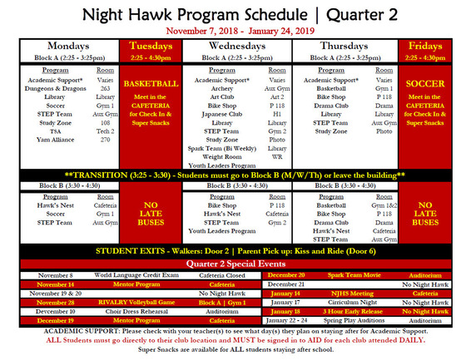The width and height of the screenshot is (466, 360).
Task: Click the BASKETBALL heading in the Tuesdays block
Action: pos(151,84)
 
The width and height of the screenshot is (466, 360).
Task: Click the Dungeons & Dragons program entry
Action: pos(54,87)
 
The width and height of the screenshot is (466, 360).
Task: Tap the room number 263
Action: pos(105,87)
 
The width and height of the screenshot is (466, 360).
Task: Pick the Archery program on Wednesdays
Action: pos(222,87)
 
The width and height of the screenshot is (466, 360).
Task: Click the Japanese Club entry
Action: pos(222,114)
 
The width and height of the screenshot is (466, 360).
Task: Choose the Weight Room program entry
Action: pos(222,156)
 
